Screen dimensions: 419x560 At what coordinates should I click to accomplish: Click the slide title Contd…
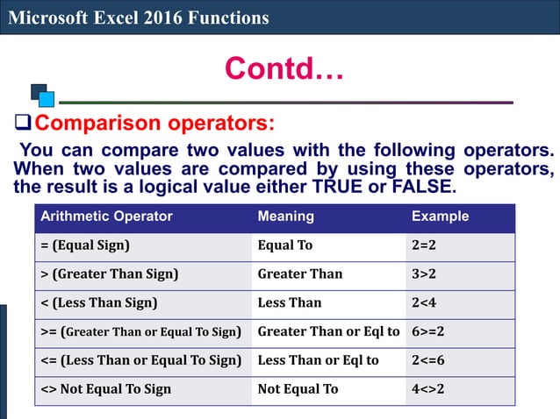click(284, 67)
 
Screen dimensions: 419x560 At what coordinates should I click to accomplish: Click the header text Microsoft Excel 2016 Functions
click(139, 18)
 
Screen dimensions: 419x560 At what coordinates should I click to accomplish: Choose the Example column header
click(441, 217)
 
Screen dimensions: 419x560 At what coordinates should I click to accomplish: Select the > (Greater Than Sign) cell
click(110, 274)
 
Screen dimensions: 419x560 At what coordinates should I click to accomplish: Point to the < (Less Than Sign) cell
click(99, 303)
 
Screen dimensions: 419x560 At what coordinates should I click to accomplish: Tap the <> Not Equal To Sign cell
click(106, 389)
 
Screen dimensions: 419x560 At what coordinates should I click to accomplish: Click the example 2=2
click(424, 245)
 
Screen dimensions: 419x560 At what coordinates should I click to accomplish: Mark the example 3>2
click(424, 274)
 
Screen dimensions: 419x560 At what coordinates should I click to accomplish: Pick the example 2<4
click(424, 303)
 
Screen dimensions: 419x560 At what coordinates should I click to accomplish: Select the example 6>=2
click(428, 331)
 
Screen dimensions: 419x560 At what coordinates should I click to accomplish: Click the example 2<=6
click(428, 360)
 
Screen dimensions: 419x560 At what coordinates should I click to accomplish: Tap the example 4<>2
click(427, 389)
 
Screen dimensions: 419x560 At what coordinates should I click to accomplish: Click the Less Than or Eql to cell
click(318, 360)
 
